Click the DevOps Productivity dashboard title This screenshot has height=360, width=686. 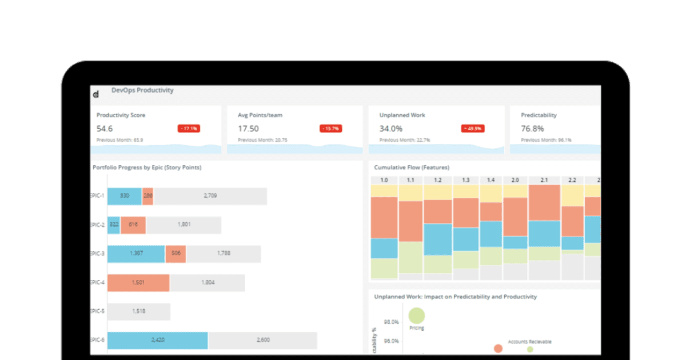(x=142, y=90)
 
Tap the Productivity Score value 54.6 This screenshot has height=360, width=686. (x=105, y=129)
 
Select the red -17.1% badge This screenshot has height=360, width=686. (x=189, y=129)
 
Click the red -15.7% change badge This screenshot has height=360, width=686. (x=330, y=129)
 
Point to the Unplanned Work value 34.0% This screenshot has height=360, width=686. (x=391, y=129)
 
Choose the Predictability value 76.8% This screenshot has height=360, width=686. (x=532, y=129)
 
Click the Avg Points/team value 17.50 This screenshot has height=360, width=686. (x=248, y=129)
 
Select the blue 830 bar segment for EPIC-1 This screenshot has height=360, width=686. (x=125, y=196)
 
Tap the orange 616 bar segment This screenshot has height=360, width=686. (x=133, y=225)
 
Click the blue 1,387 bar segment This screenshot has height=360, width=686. (x=136, y=254)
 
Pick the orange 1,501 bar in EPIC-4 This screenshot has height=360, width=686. (x=138, y=282)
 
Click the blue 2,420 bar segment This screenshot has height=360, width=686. (x=157, y=341)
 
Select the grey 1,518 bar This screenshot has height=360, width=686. (x=139, y=311)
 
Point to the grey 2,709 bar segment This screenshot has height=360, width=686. (x=210, y=196)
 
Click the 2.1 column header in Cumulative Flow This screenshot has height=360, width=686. (x=544, y=180)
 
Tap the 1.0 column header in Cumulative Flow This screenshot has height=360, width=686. (x=384, y=180)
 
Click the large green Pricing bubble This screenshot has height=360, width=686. (x=417, y=315)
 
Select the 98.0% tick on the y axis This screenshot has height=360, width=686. (x=391, y=322)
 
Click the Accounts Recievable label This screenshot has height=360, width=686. (x=529, y=341)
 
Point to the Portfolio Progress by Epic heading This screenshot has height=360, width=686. (x=147, y=167)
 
